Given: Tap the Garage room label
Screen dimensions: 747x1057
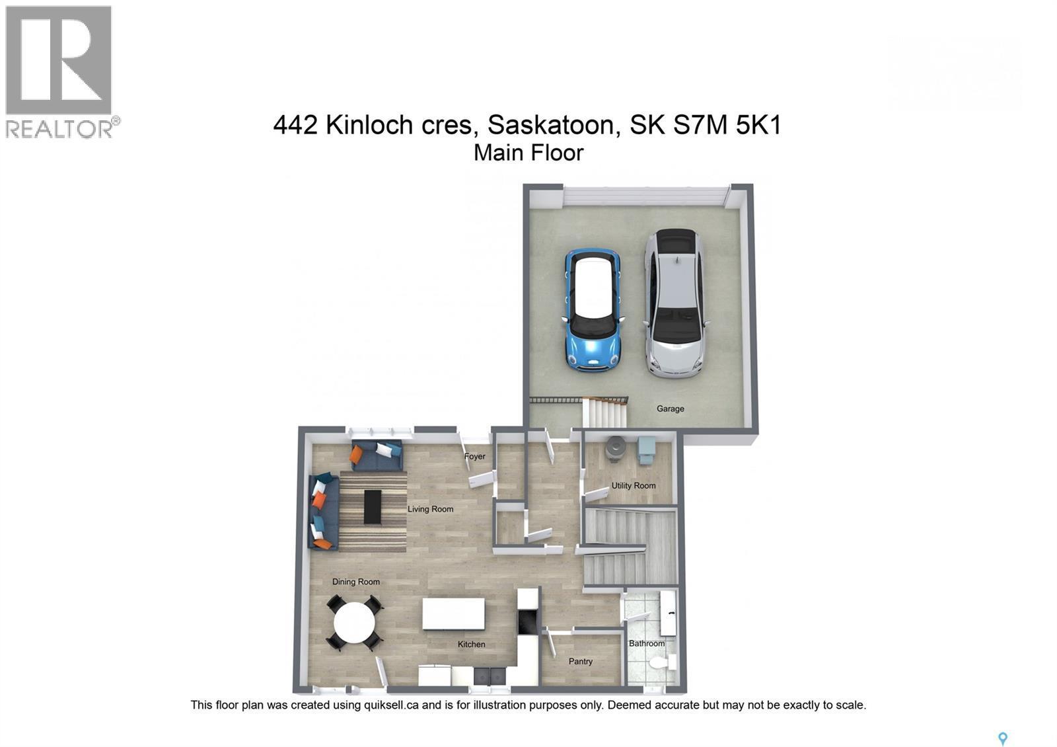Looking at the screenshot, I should coord(670,409).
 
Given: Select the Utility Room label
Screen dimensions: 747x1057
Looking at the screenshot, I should coord(633,485).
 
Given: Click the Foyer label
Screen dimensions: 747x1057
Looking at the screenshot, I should coord(474,456).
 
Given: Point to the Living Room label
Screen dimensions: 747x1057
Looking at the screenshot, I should coord(430,509).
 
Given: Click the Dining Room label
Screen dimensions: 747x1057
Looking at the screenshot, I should coord(355,582).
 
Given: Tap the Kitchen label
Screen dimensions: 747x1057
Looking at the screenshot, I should coord(471,644).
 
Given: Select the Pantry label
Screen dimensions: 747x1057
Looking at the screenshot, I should coord(580,661).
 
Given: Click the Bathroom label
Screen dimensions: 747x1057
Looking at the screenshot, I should coord(646,643).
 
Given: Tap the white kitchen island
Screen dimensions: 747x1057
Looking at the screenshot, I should coord(453,614).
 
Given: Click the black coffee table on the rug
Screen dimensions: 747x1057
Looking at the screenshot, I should coord(373,507).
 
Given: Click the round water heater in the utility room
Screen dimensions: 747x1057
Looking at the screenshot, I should coord(616,448).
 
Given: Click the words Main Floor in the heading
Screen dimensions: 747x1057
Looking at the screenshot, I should coord(528,153).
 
